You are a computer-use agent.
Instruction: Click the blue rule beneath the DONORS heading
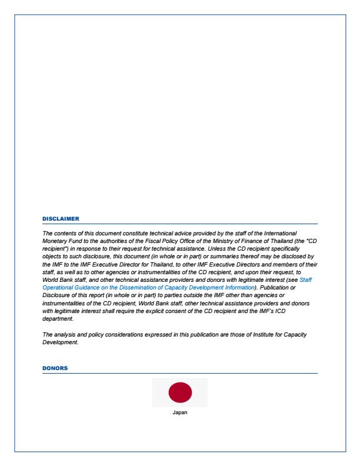pos(180,373)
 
